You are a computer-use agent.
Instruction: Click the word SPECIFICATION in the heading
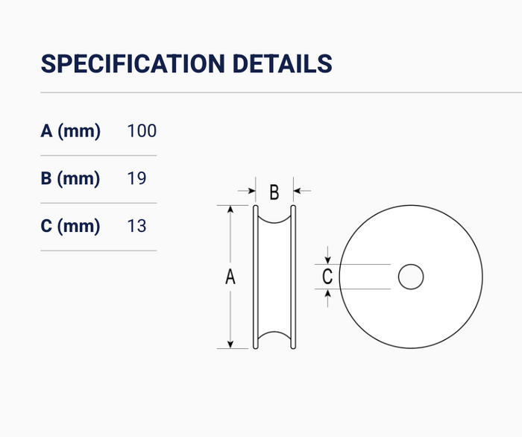tap(133, 63)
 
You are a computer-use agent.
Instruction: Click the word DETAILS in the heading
tap(283, 63)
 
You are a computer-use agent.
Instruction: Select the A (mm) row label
tap(70, 131)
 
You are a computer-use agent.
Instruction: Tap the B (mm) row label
tap(70, 178)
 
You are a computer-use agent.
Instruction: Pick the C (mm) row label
tap(70, 226)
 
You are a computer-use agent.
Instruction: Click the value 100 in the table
tap(142, 131)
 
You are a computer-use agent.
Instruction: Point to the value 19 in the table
tap(136, 178)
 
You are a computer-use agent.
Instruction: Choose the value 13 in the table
tap(136, 226)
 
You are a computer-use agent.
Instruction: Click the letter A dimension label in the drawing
tap(230, 277)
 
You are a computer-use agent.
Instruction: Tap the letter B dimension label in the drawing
tap(274, 192)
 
